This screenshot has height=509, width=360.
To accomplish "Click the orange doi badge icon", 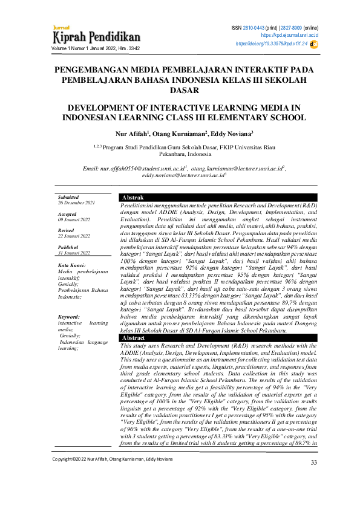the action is [314, 44].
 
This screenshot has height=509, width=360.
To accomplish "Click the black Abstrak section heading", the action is [133, 198].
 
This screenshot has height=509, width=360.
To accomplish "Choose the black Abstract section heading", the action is [134, 338].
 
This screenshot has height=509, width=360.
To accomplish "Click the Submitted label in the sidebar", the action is [68, 197].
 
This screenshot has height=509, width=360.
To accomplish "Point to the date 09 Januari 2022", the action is [74, 219].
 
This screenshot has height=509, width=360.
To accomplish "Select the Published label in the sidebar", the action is [68, 247].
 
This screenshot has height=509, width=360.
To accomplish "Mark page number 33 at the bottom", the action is [313, 479].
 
